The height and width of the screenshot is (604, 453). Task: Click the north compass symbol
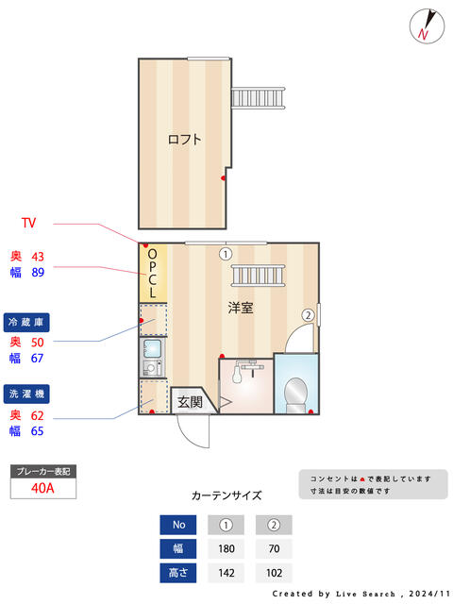click(427, 26)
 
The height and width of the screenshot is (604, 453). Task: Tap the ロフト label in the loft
click(185, 139)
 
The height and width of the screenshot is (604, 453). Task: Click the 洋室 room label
click(241, 308)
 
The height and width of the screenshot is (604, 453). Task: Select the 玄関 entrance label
click(190, 402)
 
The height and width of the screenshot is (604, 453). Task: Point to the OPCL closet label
click(153, 274)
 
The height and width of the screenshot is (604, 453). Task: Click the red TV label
click(29, 223)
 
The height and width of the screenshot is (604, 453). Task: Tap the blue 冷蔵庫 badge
click(26, 323)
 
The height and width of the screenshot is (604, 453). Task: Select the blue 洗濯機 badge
click(26, 394)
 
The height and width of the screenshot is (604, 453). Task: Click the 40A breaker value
click(42, 488)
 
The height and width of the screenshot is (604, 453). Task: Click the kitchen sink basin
click(153, 348)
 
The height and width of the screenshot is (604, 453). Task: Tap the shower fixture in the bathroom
click(246, 371)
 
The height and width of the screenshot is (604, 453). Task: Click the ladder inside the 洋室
click(258, 276)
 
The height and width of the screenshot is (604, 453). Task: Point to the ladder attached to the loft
click(258, 98)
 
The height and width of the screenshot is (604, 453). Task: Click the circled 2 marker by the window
click(308, 315)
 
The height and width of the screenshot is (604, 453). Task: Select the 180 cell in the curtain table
click(226, 548)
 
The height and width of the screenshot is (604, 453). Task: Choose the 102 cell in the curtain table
click(274, 573)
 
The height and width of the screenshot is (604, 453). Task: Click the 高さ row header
click(178, 573)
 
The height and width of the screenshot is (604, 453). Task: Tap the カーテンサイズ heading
click(226, 495)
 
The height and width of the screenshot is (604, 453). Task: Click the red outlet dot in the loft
click(223, 178)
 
